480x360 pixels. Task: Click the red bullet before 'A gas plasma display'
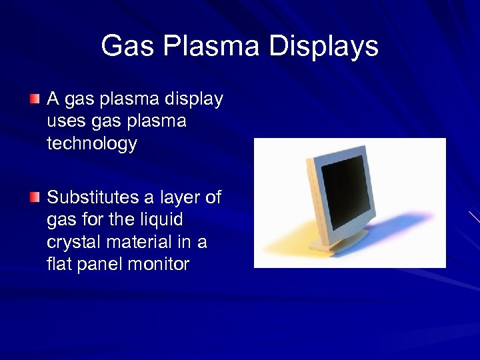click(x=35, y=99)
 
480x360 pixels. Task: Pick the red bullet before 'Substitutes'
click(x=35, y=197)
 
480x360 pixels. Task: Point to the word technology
click(x=92, y=143)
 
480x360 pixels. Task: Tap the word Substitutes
click(x=93, y=197)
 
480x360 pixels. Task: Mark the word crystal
click(x=69, y=242)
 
